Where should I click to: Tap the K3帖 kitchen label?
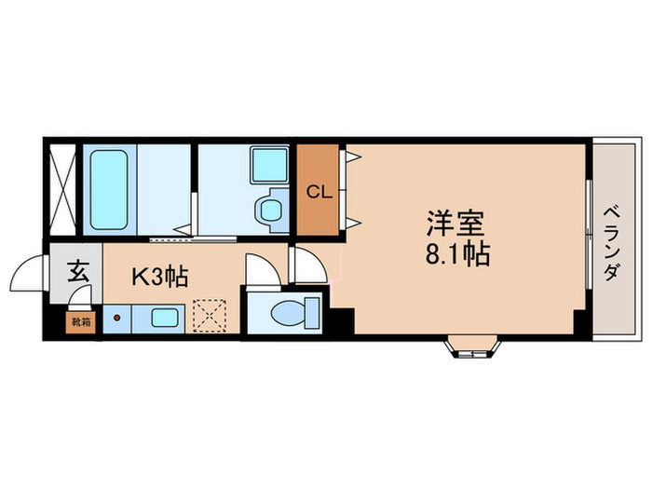[x=159, y=276]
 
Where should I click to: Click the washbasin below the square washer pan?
[x=271, y=208]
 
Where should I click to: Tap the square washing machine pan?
[x=270, y=165]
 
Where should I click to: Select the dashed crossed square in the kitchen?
[x=211, y=315]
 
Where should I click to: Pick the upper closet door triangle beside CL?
[x=350, y=158]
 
